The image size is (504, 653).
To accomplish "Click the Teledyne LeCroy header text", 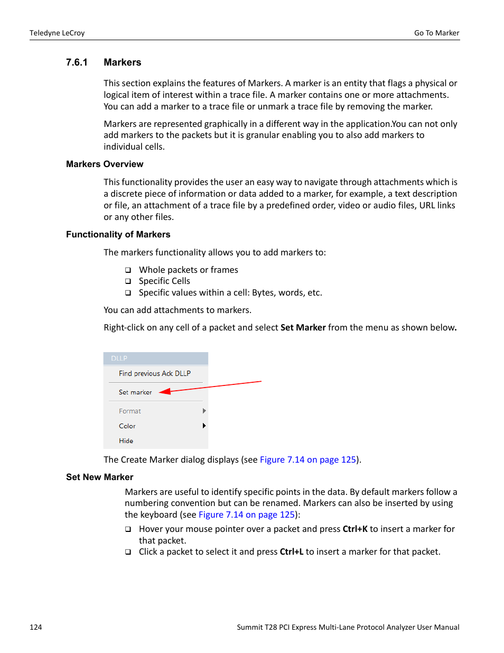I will point(57,33).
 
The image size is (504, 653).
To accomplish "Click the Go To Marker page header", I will point(436,33).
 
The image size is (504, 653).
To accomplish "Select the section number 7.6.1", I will point(77,62).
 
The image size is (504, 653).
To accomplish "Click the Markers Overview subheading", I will point(105,164).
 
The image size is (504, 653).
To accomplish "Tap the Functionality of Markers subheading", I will point(118,234).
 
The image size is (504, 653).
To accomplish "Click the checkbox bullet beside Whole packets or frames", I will point(128,270).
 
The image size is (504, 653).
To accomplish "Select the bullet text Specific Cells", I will point(164,281).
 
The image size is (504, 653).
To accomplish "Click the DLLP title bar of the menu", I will point(155,358).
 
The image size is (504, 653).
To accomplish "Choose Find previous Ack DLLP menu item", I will point(154,373).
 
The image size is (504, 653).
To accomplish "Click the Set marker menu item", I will point(135,392).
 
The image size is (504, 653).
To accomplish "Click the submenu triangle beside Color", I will point(204,426).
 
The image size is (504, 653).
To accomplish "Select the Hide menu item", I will point(126,440).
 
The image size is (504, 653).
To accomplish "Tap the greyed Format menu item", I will point(130,411).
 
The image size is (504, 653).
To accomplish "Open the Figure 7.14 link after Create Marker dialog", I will point(307,459).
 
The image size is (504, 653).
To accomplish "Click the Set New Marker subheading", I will point(99,477).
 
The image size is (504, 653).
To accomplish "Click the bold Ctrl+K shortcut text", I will point(354,529).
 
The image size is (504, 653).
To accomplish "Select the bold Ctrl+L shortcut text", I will point(291,551).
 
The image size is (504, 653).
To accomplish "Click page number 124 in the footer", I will point(35,627).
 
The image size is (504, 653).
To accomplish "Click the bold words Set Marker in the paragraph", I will point(303,327).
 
